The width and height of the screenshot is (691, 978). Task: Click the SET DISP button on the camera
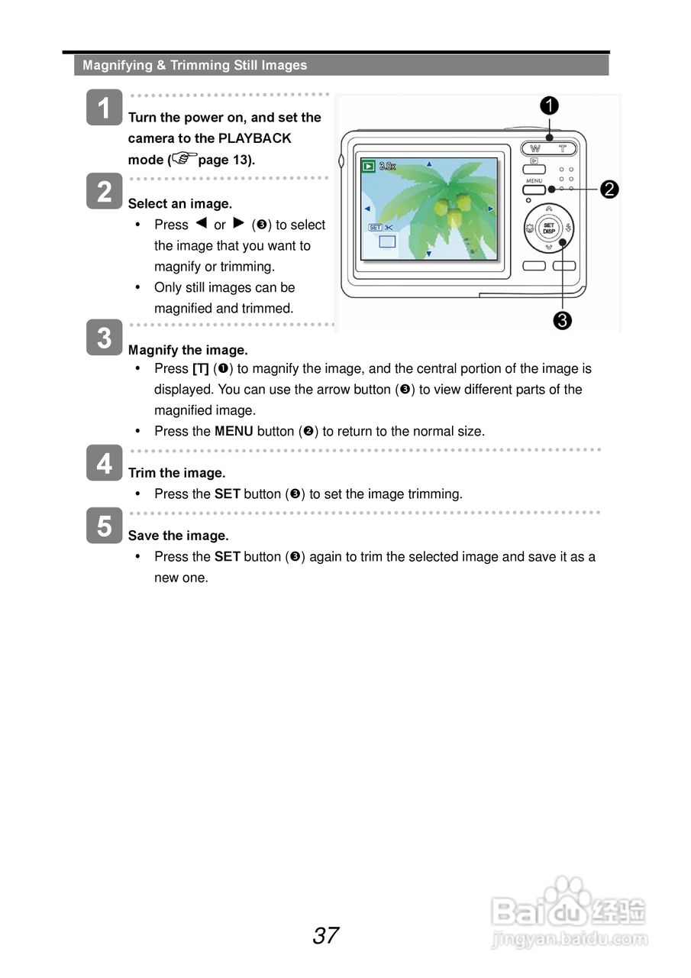(x=549, y=228)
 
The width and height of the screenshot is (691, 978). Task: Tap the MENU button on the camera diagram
(x=534, y=189)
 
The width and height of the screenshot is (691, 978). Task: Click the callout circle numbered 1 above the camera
(x=549, y=106)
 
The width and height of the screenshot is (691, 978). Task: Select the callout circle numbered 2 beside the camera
(x=609, y=189)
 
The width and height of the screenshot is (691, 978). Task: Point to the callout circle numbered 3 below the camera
(x=563, y=321)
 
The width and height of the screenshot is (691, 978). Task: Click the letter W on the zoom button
(x=535, y=148)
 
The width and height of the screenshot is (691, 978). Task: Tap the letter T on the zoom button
(x=563, y=148)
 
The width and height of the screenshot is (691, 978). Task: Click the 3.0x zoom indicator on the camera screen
(x=387, y=166)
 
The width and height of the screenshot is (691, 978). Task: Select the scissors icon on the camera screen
(x=389, y=228)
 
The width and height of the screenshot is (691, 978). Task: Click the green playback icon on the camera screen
(x=369, y=166)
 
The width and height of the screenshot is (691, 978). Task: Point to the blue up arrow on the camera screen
(x=428, y=164)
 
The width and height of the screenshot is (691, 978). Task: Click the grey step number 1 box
(x=104, y=107)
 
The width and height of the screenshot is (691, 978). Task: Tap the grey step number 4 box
(x=104, y=463)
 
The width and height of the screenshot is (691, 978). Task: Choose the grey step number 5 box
(x=104, y=526)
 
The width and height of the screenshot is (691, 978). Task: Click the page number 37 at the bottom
(x=326, y=936)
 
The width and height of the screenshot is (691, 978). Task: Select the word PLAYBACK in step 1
(x=254, y=138)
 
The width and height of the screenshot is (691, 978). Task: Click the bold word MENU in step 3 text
(x=234, y=431)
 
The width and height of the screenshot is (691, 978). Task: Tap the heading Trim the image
(x=176, y=473)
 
